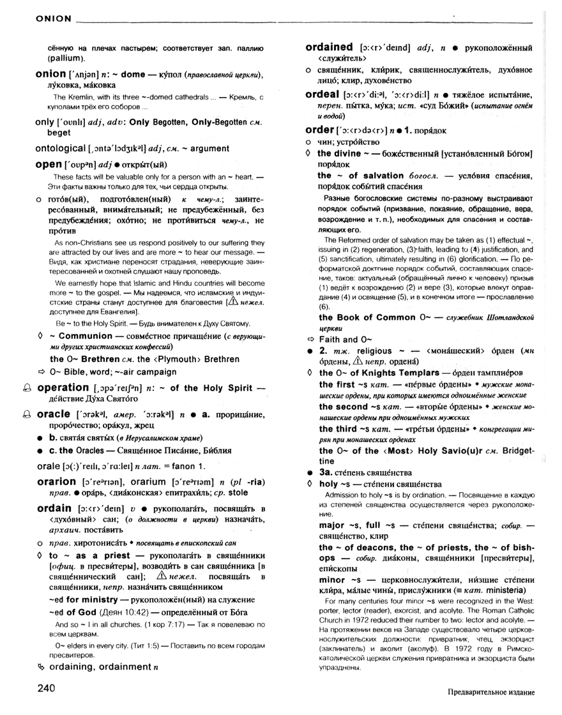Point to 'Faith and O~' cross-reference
338,340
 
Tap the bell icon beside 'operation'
26,388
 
